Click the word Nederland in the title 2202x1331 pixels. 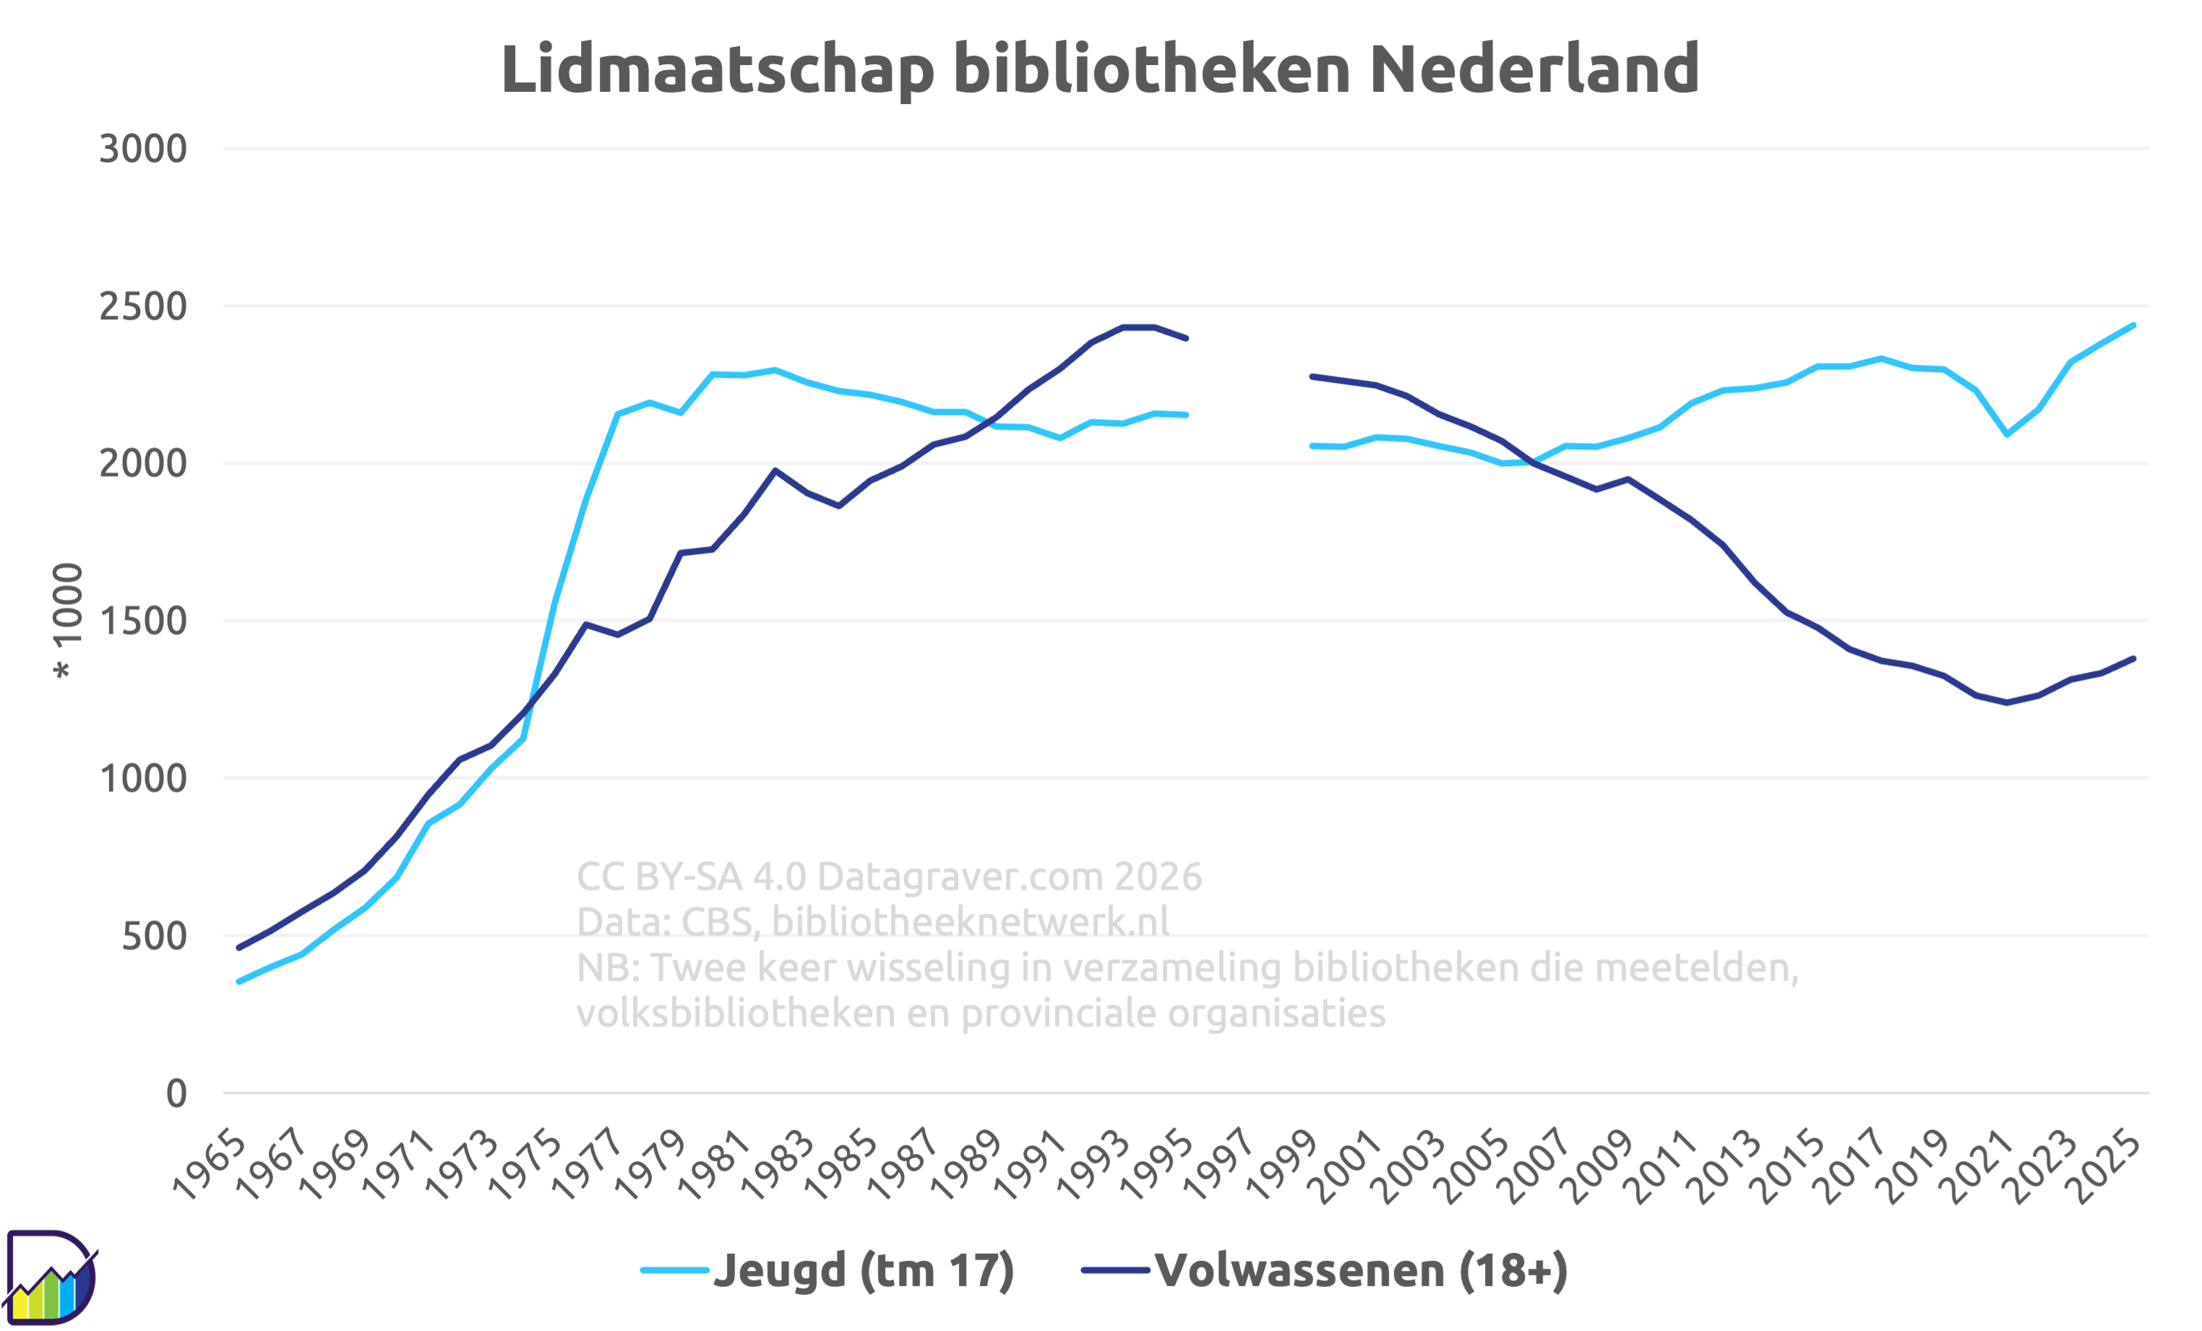[x=1534, y=69]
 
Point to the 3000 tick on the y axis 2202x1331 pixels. [x=143, y=148]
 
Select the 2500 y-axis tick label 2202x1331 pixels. [x=143, y=306]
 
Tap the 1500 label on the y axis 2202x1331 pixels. [x=143, y=621]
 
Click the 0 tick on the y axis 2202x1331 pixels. [x=176, y=1093]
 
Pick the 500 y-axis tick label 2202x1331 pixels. [x=155, y=936]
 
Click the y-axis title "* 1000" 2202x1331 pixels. [x=68, y=621]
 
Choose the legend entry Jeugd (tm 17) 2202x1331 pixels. [x=827, y=1271]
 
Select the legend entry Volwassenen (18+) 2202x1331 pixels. [x=1325, y=1271]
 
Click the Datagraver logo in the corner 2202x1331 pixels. [x=51, y=1278]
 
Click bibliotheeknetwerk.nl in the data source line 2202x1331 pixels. [x=971, y=922]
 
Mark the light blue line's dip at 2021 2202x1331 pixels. [x=2007, y=435]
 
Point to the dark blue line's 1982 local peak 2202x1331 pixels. [x=775, y=470]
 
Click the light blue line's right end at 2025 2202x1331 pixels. [x=2134, y=325]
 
